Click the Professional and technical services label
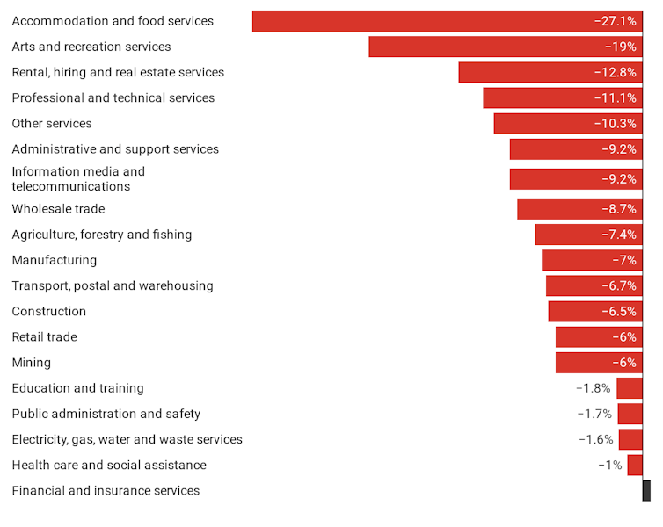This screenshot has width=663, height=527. (x=113, y=97)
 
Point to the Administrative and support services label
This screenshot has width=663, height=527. (x=115, y=149)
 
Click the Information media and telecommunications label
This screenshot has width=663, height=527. (x=78, y=179)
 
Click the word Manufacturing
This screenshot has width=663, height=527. (x=55, y=260)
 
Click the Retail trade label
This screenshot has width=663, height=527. (x=45, y=337)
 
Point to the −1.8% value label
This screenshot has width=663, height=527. (x=594, y=388)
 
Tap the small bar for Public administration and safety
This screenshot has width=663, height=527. (x=630, y=414)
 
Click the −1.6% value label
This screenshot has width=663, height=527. (x=595, y=439)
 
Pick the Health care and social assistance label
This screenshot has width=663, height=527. (x=109, y=466)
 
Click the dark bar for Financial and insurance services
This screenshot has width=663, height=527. (x=646, y=491)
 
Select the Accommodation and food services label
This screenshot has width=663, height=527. (x=113, y=21)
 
